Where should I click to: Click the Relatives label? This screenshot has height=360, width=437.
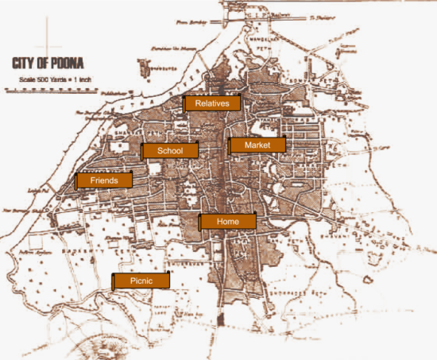[212, 103]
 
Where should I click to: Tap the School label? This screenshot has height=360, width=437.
[170, 151]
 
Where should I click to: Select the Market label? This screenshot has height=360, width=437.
[257, 145]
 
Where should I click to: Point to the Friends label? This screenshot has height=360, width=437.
[104, 181]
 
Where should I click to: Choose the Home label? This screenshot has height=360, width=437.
[227, 222]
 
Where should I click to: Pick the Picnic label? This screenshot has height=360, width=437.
[141, 281]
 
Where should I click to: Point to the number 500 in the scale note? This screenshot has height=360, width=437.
[46, 79]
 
